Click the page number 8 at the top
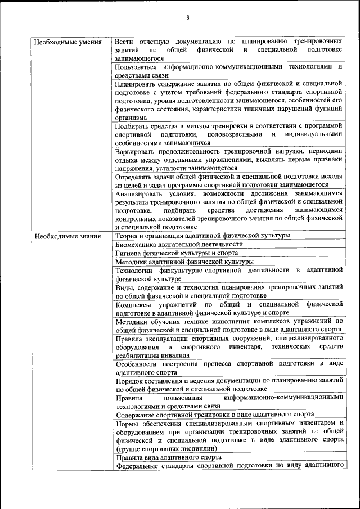(x=188, y=17)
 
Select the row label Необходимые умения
(x=67, y=42)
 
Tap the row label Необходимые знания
(x=67, y=236)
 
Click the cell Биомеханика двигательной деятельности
(x=179, y=245)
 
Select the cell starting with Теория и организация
(x=202, y=236)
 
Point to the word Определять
(x=134, y=177)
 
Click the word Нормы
(x=126, y=423)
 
